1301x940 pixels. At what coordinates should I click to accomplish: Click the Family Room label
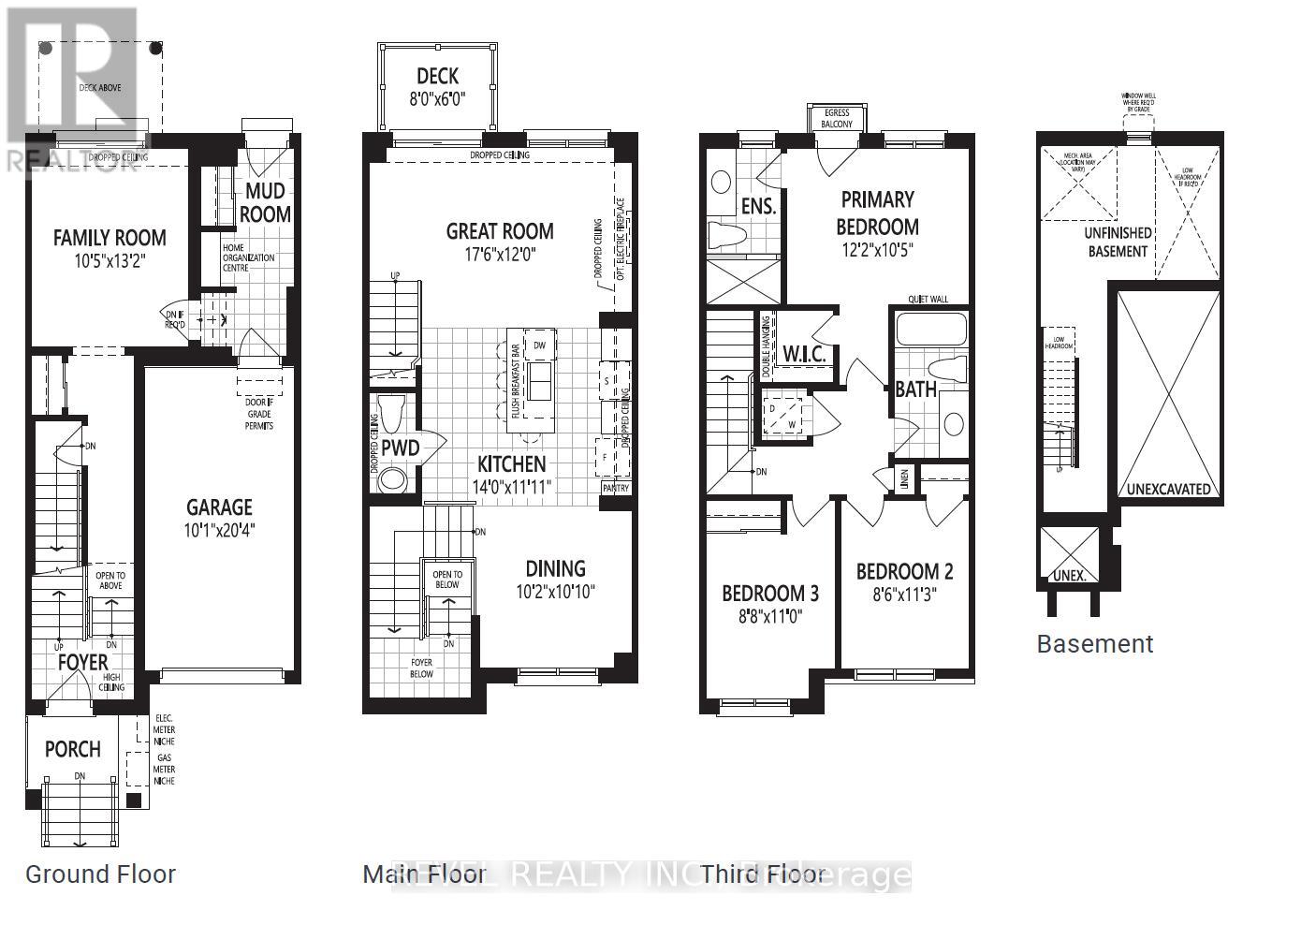point(110,238)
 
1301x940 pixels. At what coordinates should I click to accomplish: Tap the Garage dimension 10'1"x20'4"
point(219,529)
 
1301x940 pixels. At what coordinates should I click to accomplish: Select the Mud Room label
point(265,202)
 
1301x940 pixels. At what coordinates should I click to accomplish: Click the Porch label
point(73,749)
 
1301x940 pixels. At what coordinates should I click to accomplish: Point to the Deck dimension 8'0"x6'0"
point(437,98)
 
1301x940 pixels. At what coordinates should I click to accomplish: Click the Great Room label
point(499,231)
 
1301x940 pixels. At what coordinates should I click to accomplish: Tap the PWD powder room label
point(400,449)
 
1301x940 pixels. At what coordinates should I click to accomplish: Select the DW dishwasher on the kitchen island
point(538,345)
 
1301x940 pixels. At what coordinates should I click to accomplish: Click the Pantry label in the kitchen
point(615,488)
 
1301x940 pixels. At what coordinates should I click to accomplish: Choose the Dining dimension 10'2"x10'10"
point(554,591)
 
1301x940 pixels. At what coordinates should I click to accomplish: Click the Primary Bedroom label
point(877,213)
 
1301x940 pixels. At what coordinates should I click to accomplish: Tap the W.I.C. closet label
point(804,355)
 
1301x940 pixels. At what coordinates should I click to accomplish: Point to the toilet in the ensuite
point(726,235)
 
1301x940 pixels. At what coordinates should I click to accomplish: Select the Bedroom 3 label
point(769,593)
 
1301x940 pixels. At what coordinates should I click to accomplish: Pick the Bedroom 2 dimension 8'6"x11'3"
point(903,595)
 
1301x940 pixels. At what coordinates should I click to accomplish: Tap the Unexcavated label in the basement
point(1168,489)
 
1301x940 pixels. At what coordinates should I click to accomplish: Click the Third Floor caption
point(763,874)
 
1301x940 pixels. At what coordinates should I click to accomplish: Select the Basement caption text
point(1094,644)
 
